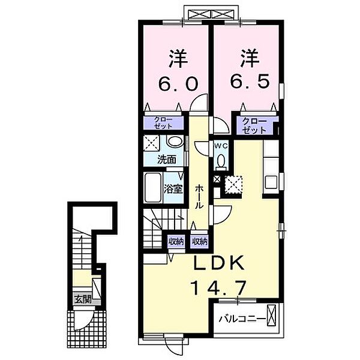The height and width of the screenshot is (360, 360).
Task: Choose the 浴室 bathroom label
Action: (x=173, y=187)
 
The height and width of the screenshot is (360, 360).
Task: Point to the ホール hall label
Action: (x=199, y=196)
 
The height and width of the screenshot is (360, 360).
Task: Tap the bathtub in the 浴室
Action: (x=153, y=187)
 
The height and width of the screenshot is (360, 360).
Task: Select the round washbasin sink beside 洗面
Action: (x=174, y=142)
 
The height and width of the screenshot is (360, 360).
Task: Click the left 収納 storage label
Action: (x=175, y=241)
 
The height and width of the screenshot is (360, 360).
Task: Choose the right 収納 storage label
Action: (x=199, y=241)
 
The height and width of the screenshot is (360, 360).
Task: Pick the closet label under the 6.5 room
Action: (x=256, y=125)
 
